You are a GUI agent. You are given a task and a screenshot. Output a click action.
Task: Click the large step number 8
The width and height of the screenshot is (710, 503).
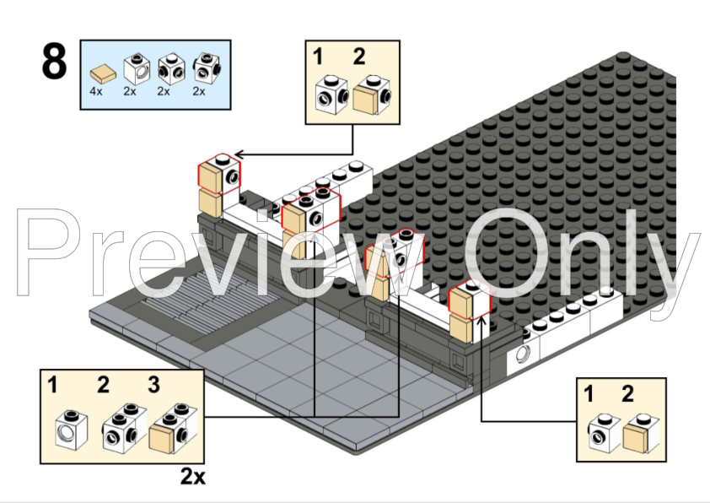[x=54, y=61]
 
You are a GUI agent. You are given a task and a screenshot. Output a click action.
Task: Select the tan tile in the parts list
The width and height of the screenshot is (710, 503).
[x=103, y=73]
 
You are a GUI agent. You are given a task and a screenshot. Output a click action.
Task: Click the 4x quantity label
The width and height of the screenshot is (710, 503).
[x=96, y=91]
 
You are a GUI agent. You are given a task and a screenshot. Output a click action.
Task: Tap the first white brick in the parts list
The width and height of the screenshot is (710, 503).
[x=137, y=68]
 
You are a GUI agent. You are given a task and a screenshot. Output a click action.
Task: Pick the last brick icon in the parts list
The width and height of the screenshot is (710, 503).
[x=207, y=68]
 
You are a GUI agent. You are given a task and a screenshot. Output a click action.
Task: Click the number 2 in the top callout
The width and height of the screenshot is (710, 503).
[x=359, y=57]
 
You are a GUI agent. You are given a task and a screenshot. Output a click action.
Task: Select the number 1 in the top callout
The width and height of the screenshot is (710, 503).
[x=319, y=57]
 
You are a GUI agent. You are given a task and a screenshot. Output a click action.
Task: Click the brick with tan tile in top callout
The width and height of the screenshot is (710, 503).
[x=372, y=95]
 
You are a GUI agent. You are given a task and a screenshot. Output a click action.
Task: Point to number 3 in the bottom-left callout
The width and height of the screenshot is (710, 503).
[x=154, y=385]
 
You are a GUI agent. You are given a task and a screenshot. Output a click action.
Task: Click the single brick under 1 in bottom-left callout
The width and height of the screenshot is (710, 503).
[x=72, y=430]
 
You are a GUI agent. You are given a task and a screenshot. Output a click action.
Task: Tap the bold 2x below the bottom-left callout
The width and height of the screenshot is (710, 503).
[x=193, y=476]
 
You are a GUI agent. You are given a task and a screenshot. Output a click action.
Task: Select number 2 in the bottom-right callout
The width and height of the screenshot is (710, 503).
[x=627, y=394]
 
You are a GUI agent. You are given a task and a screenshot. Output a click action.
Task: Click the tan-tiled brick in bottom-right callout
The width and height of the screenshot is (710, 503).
[x=641, y=433]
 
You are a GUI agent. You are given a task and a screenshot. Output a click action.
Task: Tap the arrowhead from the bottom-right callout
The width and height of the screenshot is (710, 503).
[x=481, y=320]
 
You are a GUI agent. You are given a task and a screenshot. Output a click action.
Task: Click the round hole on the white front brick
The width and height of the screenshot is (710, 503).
[x=523, y=354]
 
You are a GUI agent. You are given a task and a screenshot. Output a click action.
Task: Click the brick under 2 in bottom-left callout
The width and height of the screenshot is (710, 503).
[x=125, y=428]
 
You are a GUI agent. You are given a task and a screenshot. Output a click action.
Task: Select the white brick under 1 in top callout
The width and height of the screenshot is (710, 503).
[x=332, y=95]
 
